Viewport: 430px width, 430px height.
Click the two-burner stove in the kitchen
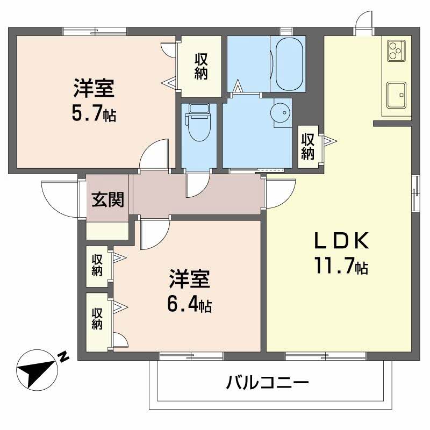[396, 49]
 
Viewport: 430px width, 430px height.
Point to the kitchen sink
[396, 95]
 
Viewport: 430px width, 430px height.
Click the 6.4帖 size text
[189, 304]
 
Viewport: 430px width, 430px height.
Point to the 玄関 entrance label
[107, 200]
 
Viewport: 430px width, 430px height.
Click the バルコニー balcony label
[267, 383]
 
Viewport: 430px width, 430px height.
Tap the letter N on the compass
[63, 356]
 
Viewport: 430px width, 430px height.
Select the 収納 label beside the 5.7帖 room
[201, 66]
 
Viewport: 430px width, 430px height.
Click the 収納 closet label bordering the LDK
[307, 146]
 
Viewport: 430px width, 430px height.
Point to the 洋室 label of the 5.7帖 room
[94, 88]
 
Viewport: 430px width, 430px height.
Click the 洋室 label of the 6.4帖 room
[189, 280]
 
